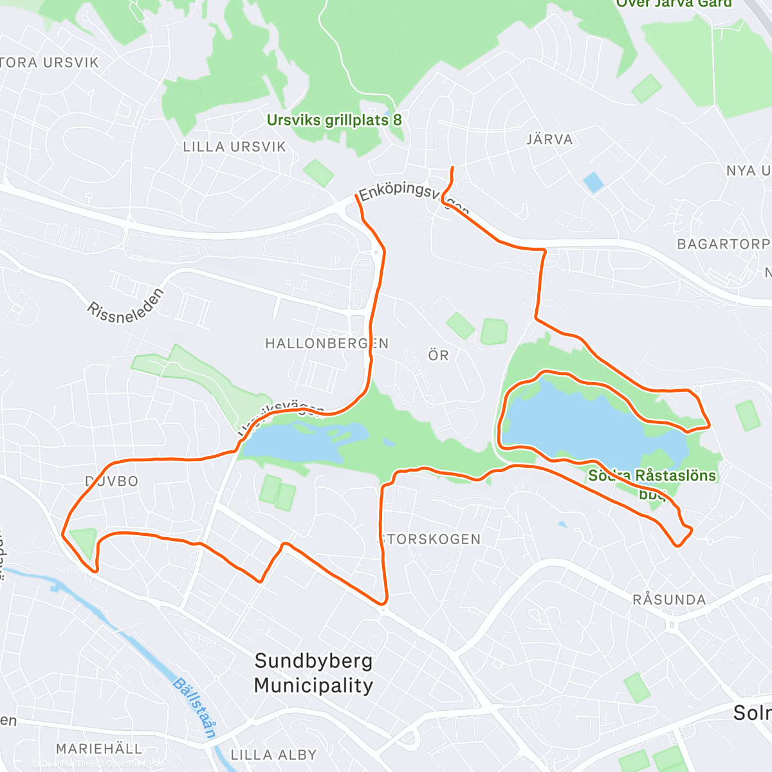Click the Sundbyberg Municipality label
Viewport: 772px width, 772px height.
point(313,673)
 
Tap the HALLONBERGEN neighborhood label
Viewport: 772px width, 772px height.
point(327,344)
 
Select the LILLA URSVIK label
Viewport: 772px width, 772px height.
point(234,147)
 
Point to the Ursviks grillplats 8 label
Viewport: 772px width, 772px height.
point(334,120)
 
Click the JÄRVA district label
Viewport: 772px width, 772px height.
point(549,139)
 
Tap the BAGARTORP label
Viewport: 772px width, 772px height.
point(723,244)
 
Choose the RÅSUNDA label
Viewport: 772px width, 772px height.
point(669,600)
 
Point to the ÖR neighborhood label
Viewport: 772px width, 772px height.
point(439,355)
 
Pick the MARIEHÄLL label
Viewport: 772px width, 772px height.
point(98,749)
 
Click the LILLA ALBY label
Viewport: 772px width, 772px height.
point(273,755)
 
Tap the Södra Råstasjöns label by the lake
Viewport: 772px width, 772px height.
point(652,476)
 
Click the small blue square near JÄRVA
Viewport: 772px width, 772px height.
point(593,183)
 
